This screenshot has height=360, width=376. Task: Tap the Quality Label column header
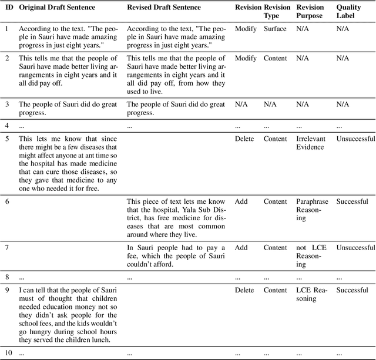[x=348, y=11]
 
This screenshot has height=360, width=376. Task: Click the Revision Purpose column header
[x=310, y=11]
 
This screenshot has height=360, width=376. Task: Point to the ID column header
[x=9, y=8]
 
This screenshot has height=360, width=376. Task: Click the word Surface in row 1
[x=275, y=29]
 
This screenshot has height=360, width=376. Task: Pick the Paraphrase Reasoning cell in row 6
[x=310, y=210]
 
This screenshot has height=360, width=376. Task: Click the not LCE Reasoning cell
[x=310, y=255]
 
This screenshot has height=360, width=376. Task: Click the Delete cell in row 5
[x=244, y=139]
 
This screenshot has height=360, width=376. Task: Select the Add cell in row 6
[x=241, y=201]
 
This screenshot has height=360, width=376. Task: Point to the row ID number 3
[x=7, y=104]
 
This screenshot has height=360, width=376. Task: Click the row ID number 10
[x=9, y=354]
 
